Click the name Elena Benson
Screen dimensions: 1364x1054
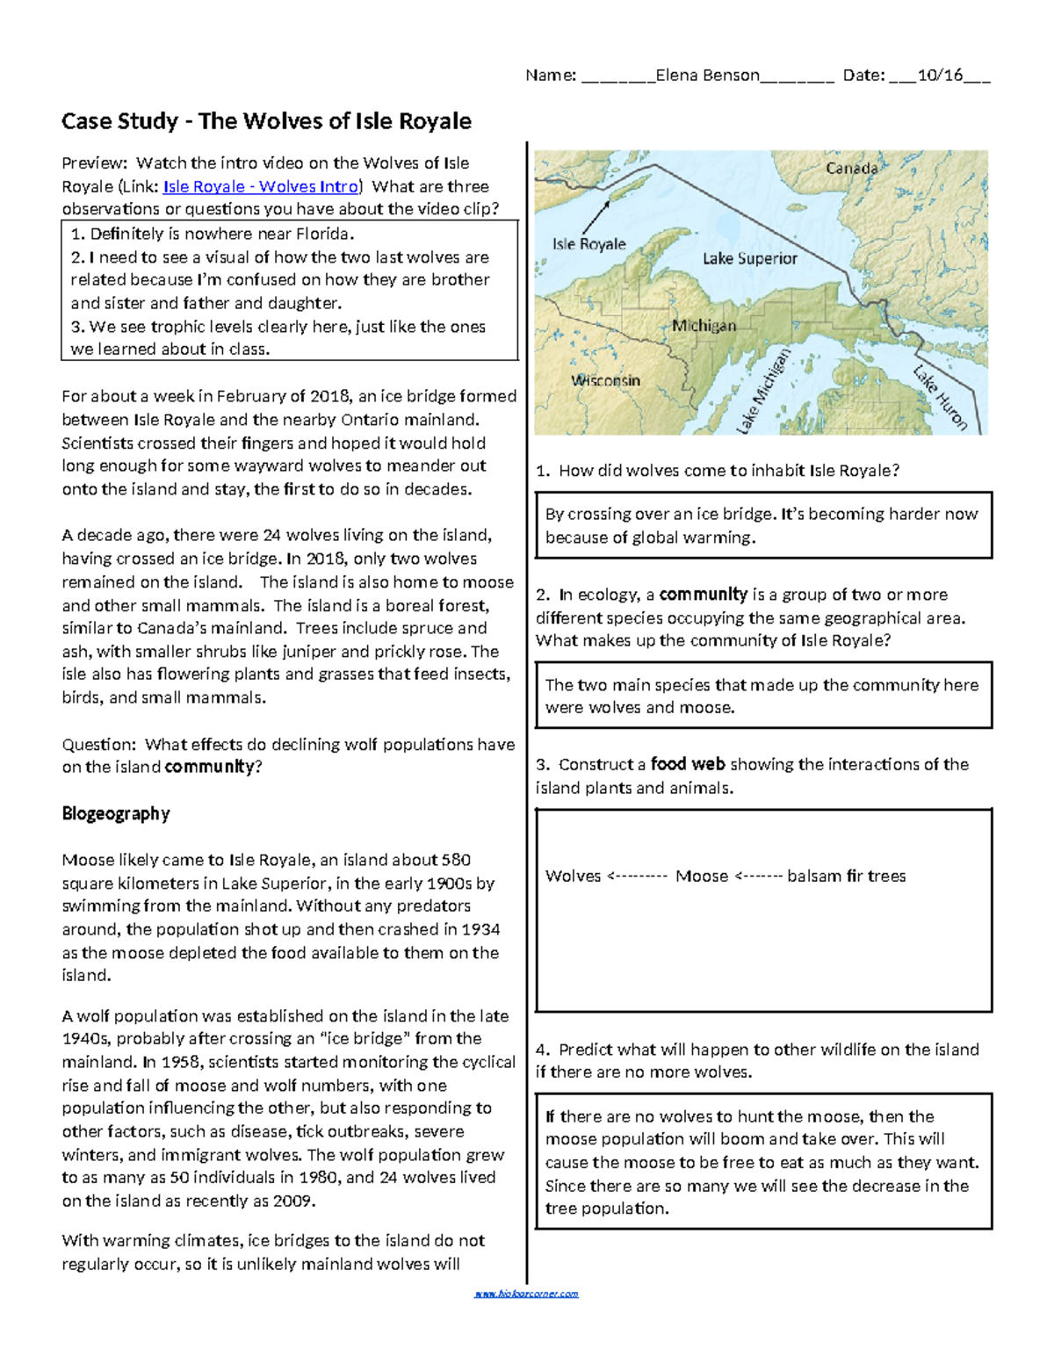[707, 75]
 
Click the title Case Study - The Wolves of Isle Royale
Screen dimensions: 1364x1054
[266, 121]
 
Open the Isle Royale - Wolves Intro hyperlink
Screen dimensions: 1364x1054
[261, 186]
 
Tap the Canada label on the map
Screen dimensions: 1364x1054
[851, 168]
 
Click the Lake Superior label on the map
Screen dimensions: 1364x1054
[749, 258]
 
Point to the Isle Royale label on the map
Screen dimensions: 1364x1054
[588, 244]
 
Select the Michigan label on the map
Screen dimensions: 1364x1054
[704, 326]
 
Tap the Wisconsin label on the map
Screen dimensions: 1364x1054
[605, 380]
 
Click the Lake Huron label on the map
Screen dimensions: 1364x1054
[940, 397]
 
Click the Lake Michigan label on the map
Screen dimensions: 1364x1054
[763, 392]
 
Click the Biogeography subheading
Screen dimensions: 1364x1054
[116, 813]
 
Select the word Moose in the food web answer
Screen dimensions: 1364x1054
[701, 876]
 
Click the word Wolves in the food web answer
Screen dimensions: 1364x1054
[573, 876]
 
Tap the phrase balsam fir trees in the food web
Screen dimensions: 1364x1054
[846, 876]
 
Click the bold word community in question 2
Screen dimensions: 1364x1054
[703, 594]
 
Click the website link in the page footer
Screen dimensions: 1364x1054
[526, 1294]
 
